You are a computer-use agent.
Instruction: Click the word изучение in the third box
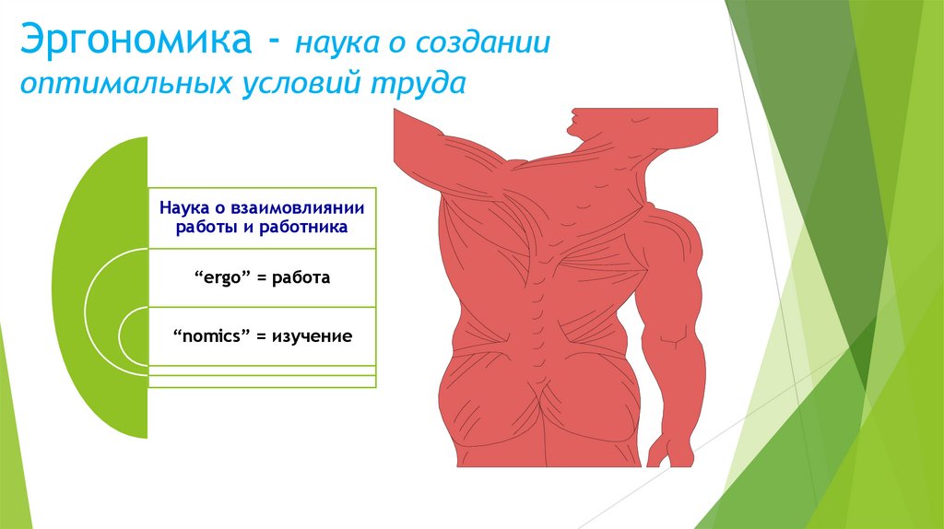pos(311,336)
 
